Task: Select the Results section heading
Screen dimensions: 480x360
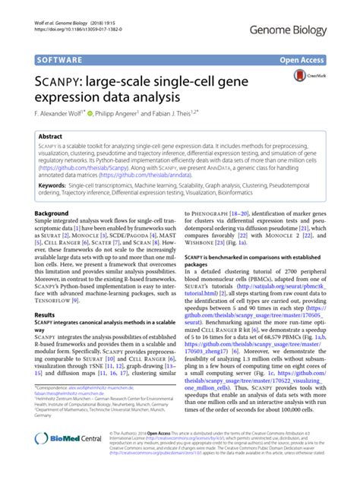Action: (x=45, y=335)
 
